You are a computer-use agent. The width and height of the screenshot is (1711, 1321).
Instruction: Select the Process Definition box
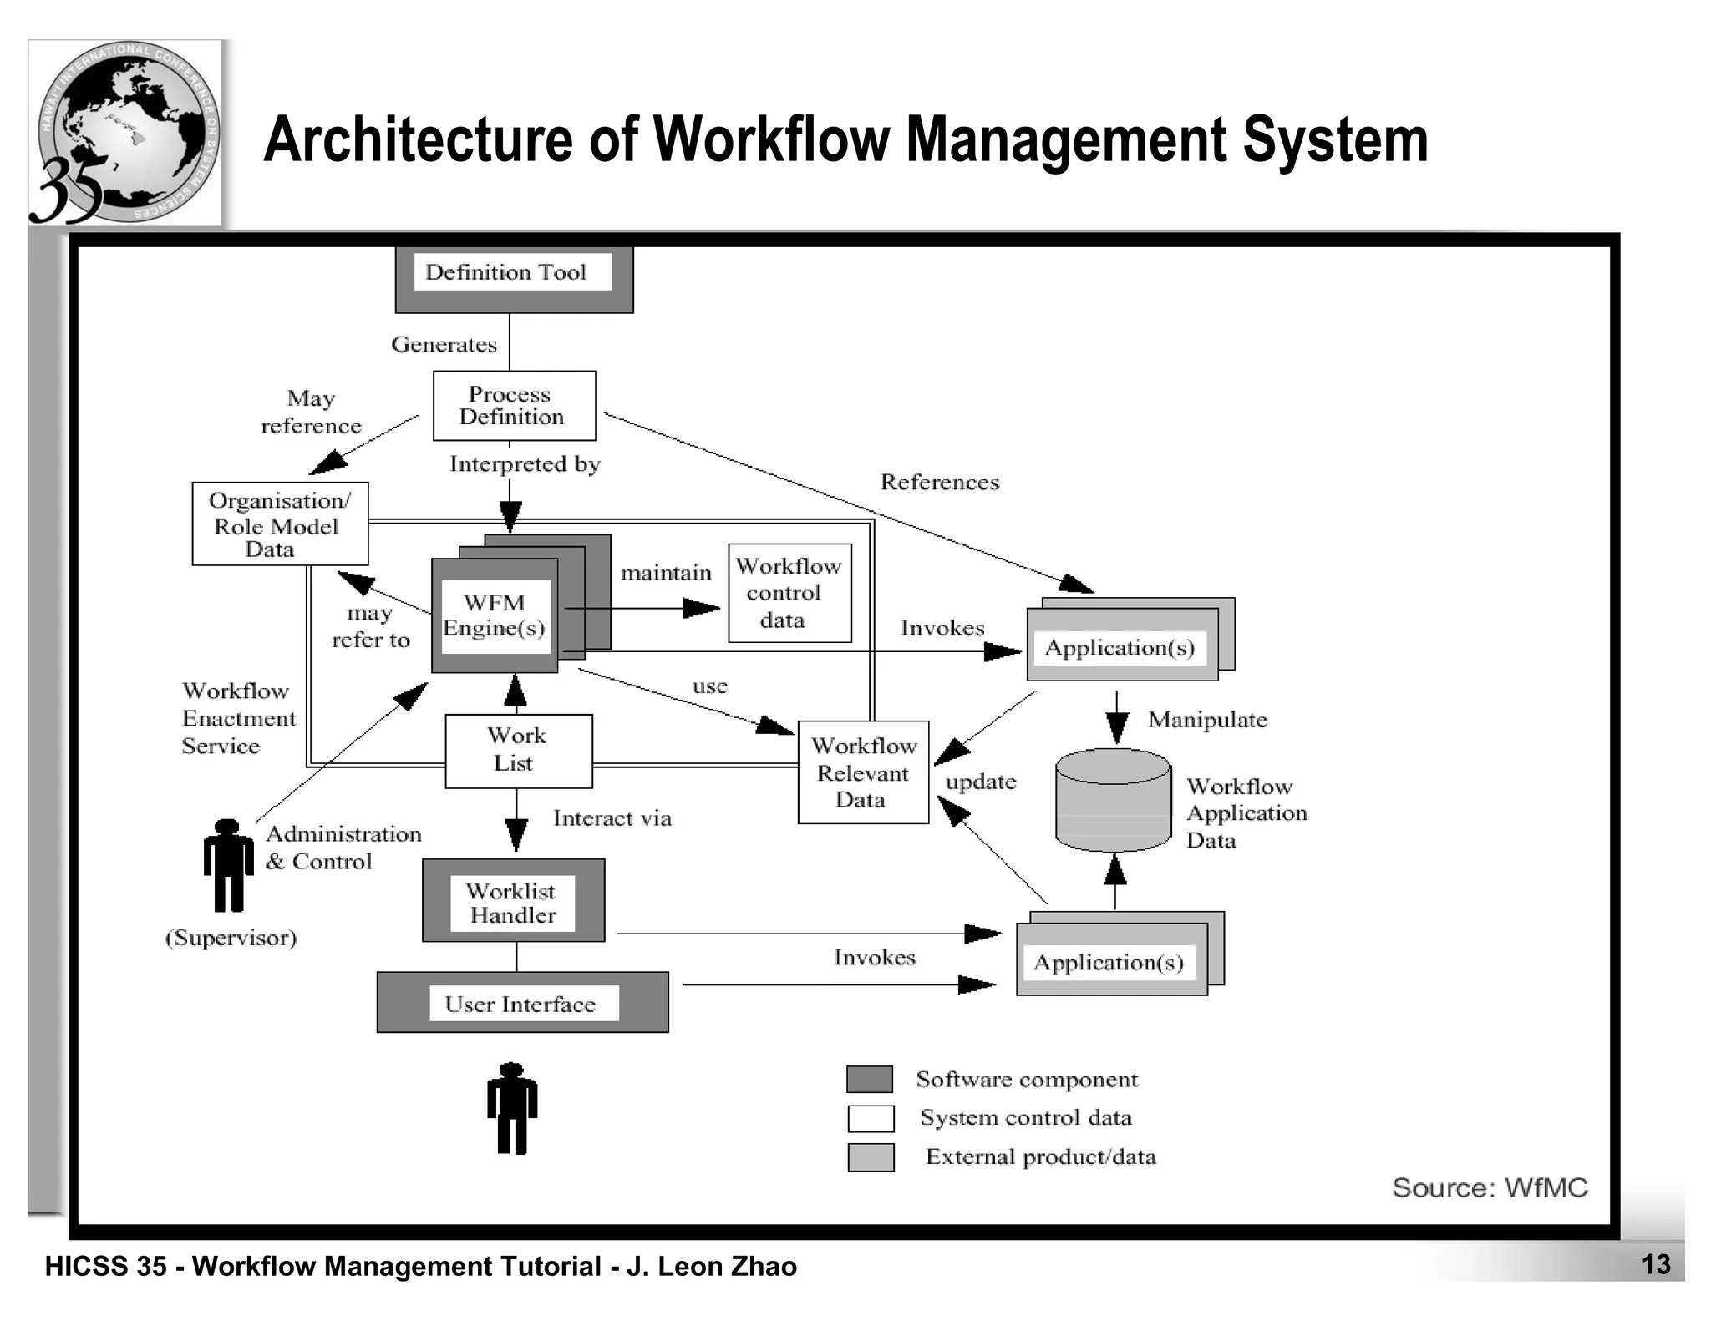[x=514, y=406]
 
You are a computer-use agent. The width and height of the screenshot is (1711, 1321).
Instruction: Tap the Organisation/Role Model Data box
[x=280, y=524]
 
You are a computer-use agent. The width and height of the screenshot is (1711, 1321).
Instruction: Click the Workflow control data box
[x=789, y=594]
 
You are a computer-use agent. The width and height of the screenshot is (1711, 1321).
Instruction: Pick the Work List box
[x=518, y=750]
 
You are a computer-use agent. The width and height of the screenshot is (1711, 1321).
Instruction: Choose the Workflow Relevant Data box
[x=863, y=772]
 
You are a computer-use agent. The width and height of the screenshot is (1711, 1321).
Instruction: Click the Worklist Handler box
[x=513, y=902]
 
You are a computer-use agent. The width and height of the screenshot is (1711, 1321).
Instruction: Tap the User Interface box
[x=522, y=1003]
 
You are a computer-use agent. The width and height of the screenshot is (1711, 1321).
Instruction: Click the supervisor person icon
[x=228, y=866]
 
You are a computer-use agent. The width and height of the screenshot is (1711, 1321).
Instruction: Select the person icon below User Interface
[x=512, y=1109]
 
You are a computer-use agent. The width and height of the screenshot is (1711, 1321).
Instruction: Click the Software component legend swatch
[x=870, y=1079]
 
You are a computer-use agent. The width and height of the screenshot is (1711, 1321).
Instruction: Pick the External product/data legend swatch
[x=871, y=1157]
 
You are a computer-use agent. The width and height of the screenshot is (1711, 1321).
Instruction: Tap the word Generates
[x=444, y=345]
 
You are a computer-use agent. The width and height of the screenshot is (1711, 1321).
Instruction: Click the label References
[x=940, y=483]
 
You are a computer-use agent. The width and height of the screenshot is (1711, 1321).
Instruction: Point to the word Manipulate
[x=1207, y=720]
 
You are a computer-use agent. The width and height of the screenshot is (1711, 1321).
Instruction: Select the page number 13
[x=1656, y=1264]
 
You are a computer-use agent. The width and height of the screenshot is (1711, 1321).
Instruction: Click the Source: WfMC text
[x=1489, y=1187]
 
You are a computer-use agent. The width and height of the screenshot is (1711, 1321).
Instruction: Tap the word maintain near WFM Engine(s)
[x=666, y=573]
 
